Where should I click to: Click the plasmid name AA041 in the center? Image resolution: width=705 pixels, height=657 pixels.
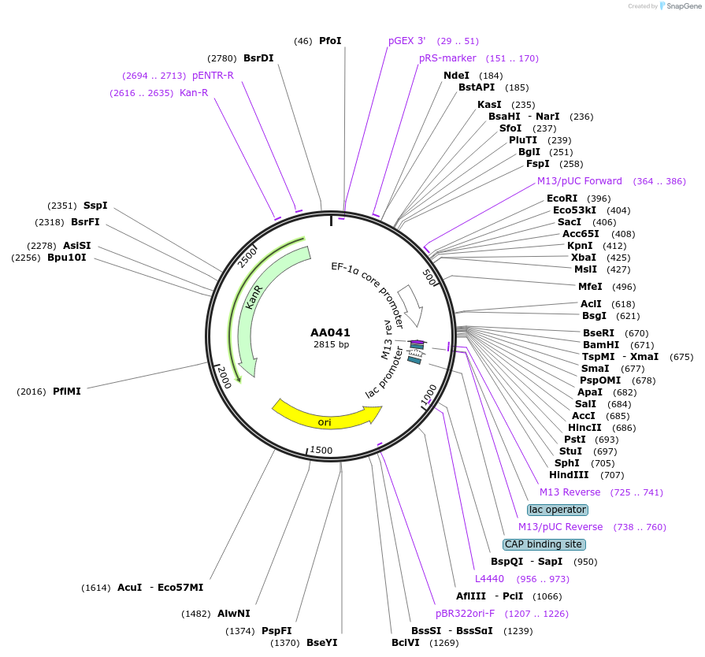(330, 332)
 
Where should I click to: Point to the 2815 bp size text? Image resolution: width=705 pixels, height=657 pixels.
(330, 344)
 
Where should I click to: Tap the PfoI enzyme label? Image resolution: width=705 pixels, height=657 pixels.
(330, 41)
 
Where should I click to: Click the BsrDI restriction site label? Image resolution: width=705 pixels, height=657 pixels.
(258, 58)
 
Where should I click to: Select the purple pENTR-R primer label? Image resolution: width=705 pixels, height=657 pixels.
(213, 76)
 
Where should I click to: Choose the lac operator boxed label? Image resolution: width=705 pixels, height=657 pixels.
(558, 510)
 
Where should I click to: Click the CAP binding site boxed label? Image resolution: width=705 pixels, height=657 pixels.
(544, 544)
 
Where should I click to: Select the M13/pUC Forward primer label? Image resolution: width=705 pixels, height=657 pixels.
(580, 181)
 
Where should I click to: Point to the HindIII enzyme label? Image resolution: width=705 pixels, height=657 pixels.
(569, 475)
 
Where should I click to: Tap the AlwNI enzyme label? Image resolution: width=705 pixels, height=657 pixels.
(234, 614)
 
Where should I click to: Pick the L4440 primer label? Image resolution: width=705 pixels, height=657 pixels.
(488, 579)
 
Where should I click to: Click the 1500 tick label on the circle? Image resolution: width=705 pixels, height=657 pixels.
(321, 450)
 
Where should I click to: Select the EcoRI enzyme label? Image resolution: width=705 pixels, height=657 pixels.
(562, 199)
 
